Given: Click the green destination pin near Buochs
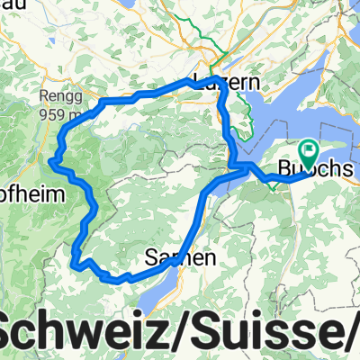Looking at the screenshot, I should coord(310,152).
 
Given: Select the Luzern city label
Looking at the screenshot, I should coord(229,83).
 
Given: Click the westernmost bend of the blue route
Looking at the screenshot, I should coord(55,162).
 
